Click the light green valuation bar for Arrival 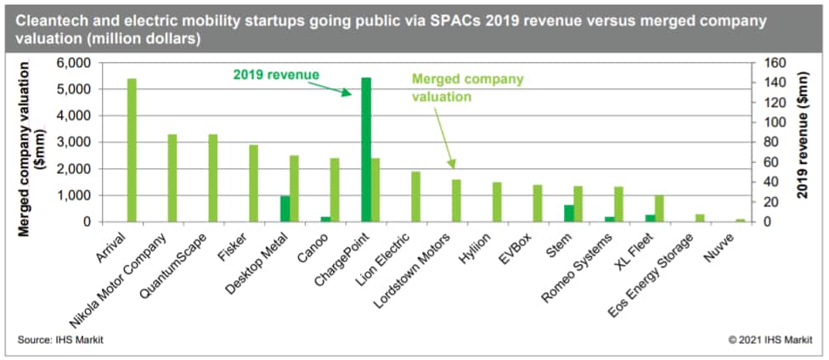pos(132,150)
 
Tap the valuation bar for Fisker pos(253,183)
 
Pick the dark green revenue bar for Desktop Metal pos(285,209)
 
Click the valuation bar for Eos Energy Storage pos(700,218)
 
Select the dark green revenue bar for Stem pos(569,213)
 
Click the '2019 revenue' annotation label pos(276,75)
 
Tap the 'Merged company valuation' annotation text pos(467,87)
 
